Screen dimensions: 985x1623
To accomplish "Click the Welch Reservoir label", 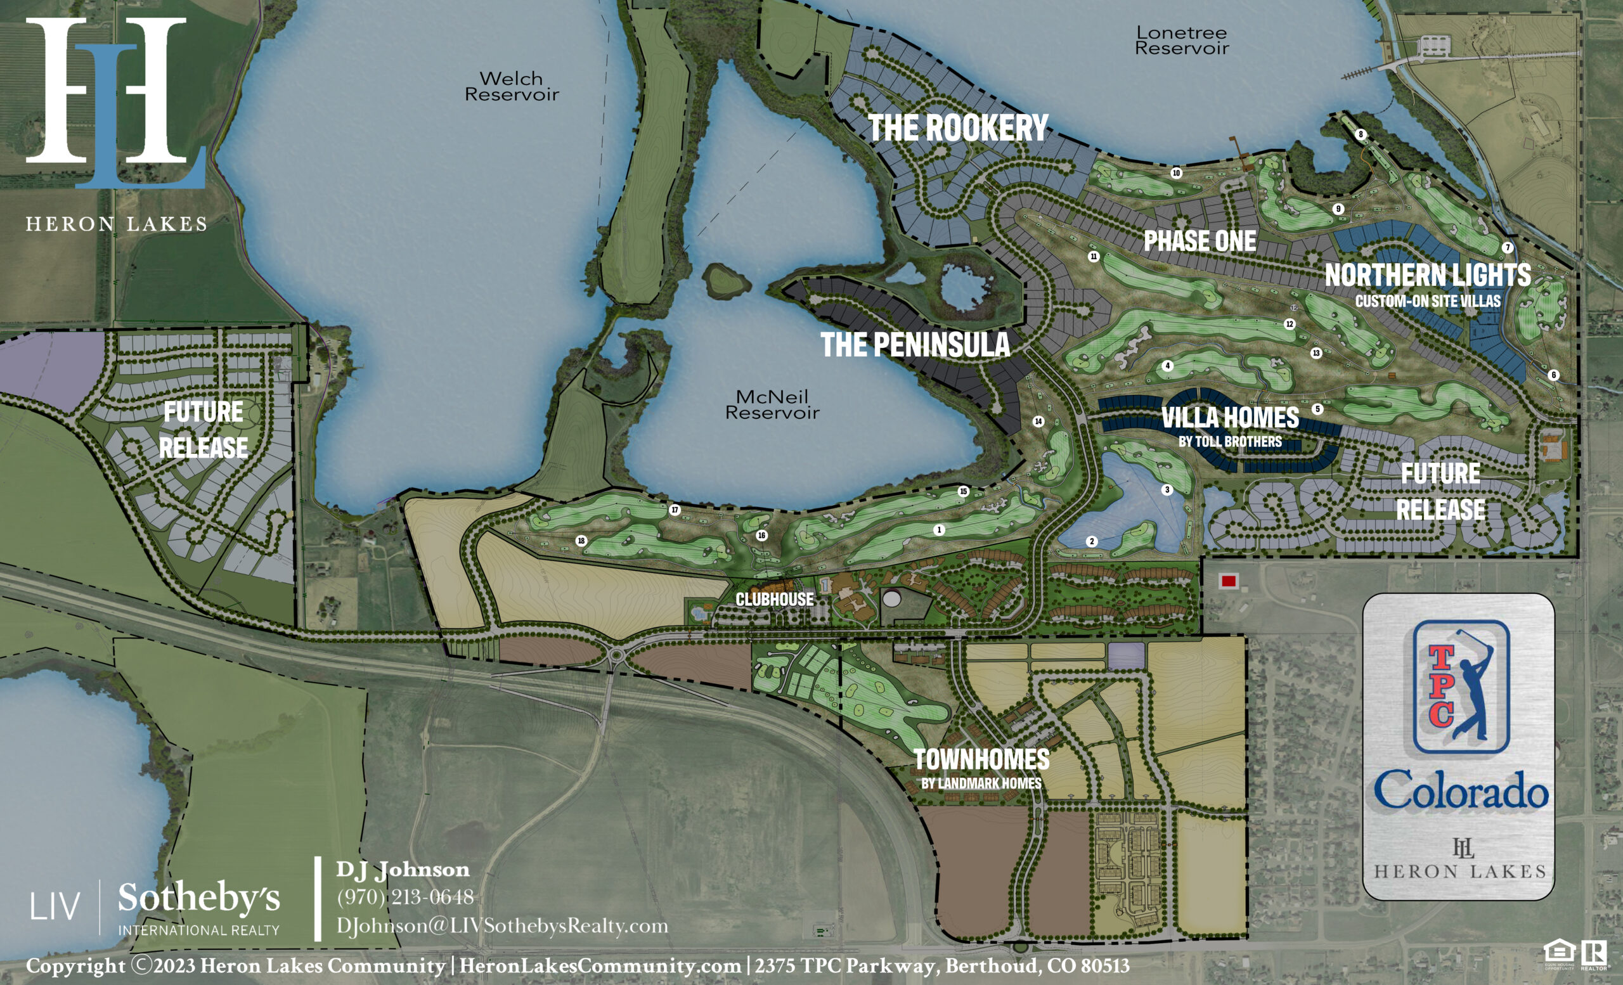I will point(512,86).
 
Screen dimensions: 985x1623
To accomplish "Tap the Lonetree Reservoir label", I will point(1182,40).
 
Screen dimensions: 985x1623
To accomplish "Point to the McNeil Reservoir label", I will point(772,404).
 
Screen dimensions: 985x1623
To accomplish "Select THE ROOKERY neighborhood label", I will point(959,128).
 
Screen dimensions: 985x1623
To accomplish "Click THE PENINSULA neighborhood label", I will point(915,345).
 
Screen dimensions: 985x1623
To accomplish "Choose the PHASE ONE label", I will point(1199,241).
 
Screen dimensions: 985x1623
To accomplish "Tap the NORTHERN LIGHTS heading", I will point(1428,275).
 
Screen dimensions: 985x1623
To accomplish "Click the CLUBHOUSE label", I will point(774,599).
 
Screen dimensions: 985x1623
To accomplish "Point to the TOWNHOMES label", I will point(981,760).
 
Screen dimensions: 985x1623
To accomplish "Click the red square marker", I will point(1229,581).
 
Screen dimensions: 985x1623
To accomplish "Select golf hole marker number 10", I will point(1177,173).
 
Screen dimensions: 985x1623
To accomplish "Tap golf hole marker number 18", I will point(581,541).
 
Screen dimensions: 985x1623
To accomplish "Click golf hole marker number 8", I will point(1361,134).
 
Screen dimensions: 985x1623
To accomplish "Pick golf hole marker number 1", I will point(940,529).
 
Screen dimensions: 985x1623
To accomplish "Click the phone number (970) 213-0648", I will point(405,897).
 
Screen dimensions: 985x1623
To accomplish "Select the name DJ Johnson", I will point(403,869).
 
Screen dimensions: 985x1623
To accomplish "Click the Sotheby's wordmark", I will point(199,898).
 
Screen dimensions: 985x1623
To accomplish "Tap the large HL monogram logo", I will point(116,102).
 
